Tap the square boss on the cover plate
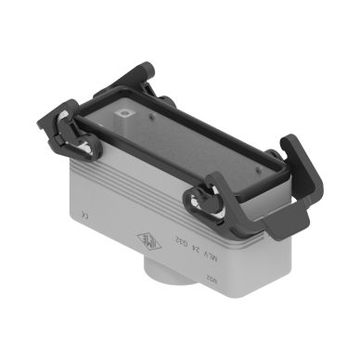tap(123, 115)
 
